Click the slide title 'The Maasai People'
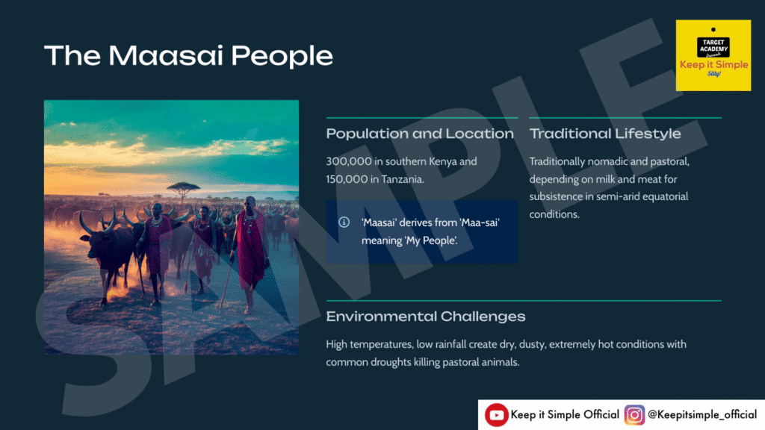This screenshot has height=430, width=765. (x=188, y=55)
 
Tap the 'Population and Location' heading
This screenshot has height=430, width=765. (x=420, y=134)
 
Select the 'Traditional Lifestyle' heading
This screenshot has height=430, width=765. (x=605, y=134)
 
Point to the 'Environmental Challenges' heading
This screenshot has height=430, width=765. (x=425, y=317)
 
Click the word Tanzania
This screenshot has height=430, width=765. (x=403, y=179)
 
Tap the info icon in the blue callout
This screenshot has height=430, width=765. (x=344, y=222)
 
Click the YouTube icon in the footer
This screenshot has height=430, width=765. (x=496, y=415)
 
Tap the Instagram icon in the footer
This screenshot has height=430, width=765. (x=634, y=415)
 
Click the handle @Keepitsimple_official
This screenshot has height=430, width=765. (x=702, y=415)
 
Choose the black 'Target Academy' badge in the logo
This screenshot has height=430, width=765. (x=713, y=46)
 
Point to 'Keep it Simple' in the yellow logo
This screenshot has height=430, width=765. (x=713, y=65)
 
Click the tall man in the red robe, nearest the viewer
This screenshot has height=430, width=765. (x=250, y=254)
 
